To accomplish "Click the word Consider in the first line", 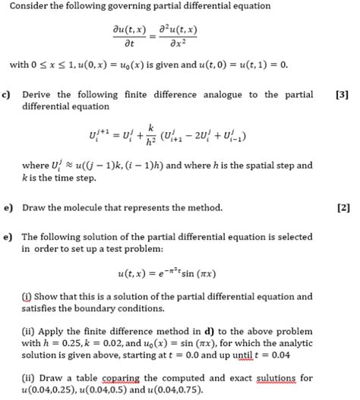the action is tap(30, 7).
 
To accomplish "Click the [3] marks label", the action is tap(341, 95).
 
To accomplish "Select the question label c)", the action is tap(7, 95).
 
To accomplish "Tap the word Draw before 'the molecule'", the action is tap(35, 208).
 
